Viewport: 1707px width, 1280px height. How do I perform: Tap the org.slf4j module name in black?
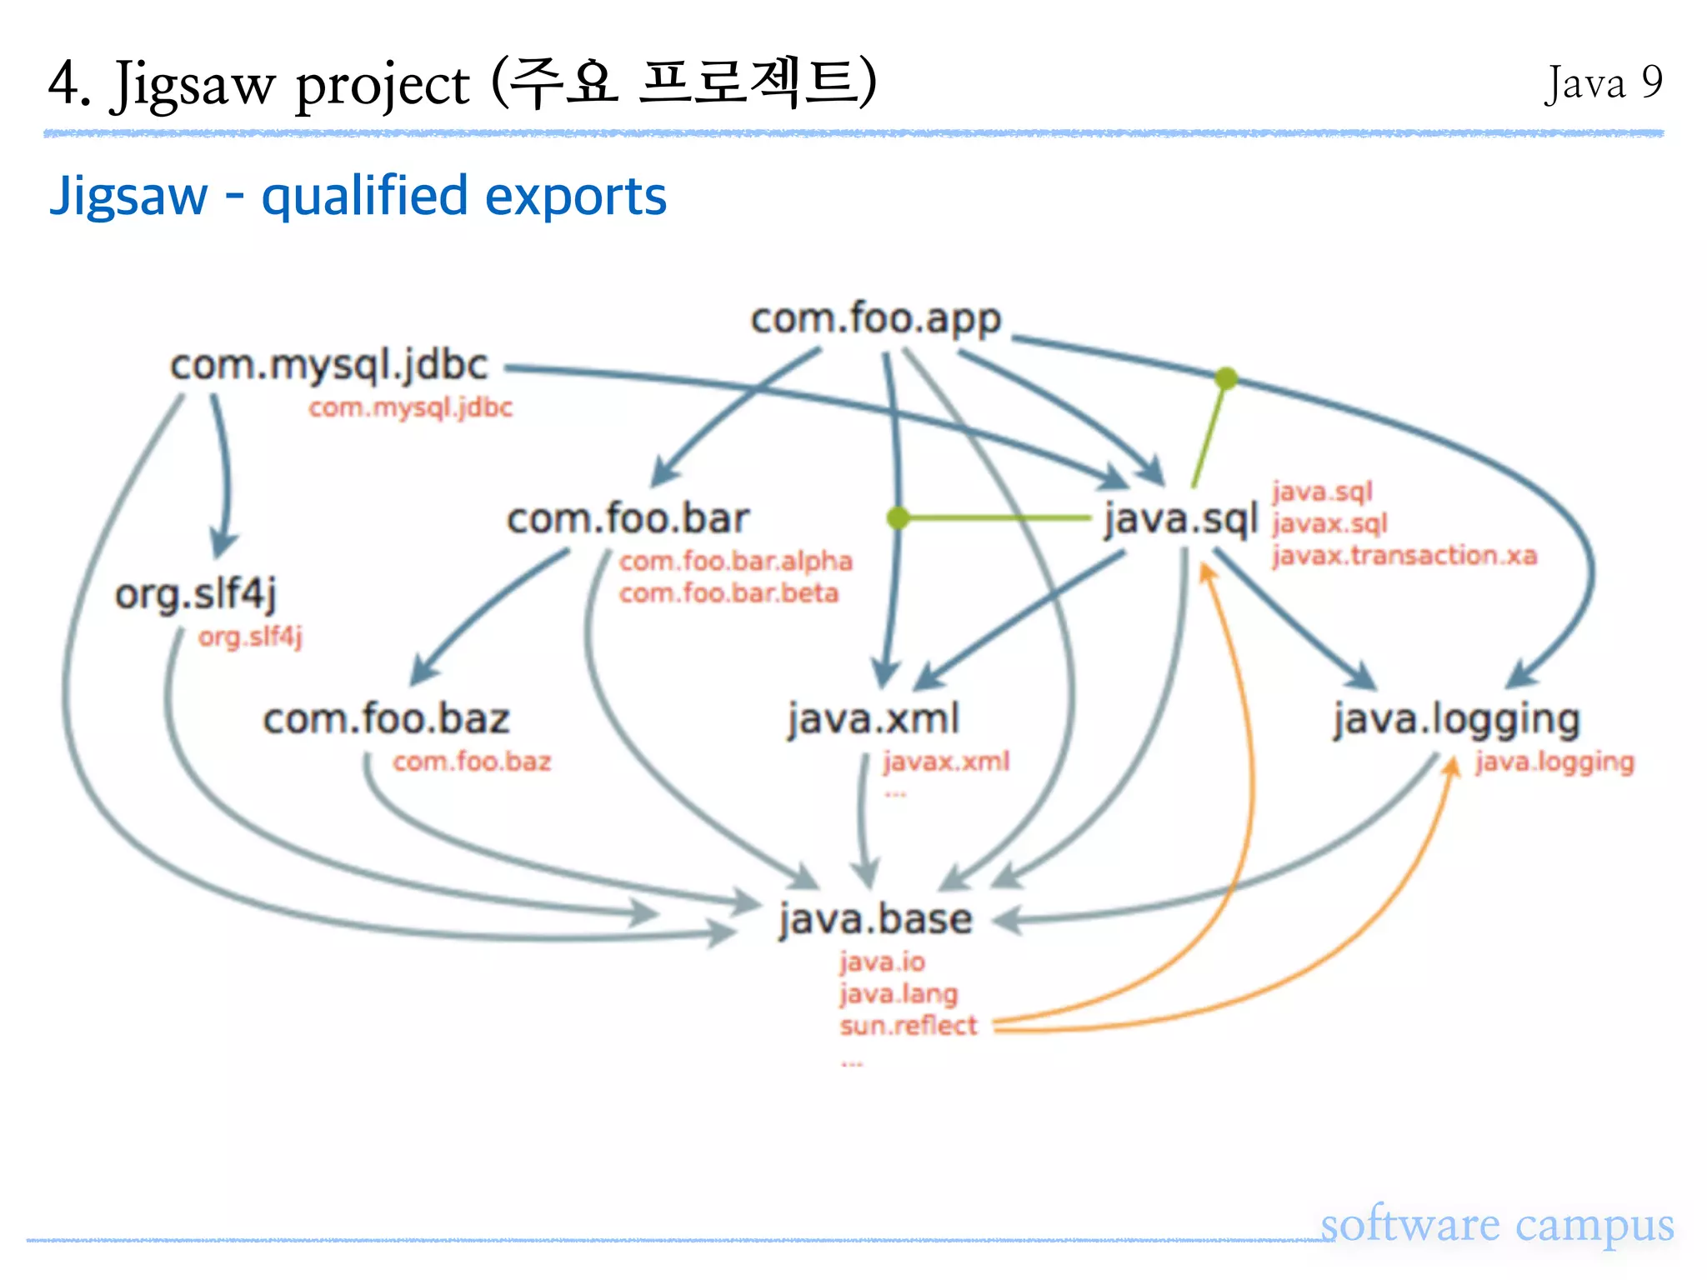[195, 595]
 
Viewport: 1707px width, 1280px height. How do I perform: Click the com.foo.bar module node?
[628, 519]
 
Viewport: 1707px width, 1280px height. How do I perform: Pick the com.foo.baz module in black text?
[386, 719]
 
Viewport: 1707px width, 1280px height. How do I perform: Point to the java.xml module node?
[873, 718]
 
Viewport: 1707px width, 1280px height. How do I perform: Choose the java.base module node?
[875, 919]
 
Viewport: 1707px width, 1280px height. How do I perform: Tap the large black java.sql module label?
[1179, 520]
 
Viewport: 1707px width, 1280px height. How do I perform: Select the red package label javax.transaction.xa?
[1404, 556]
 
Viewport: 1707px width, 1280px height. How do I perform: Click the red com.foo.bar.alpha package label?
[735, 562]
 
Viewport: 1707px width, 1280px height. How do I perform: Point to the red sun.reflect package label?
[908, 1026]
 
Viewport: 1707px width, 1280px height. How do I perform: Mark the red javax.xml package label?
[945, 762]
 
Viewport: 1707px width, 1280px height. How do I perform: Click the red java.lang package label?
[898, 994]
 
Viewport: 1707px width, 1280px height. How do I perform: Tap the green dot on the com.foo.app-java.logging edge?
[1225, 378]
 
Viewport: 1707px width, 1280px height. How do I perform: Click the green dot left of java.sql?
[898, 518]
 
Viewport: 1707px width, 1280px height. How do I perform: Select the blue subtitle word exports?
[575, 197]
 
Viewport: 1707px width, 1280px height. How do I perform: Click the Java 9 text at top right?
[1603, 83]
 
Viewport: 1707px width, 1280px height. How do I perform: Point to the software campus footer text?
[1496, 1225]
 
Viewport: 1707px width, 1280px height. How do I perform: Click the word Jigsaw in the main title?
[193, 85]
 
